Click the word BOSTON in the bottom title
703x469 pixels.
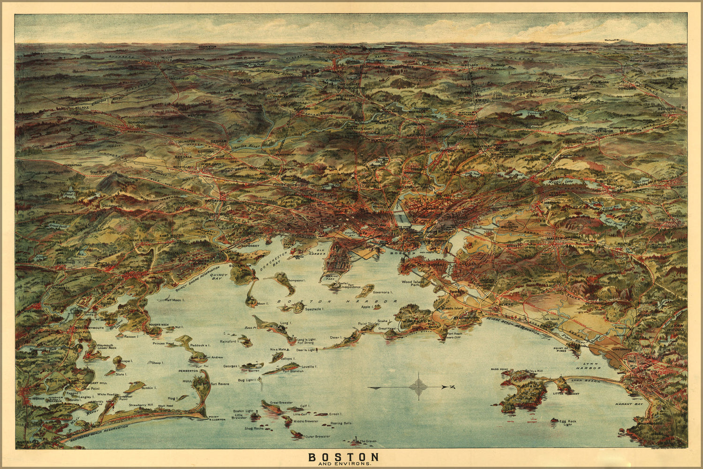point(343,456)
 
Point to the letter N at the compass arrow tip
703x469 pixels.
point(451,387)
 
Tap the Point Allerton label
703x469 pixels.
point(217,418)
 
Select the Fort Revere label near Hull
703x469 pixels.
point(219,384)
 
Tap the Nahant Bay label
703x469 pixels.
point(629,403)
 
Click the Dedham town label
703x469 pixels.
point(219,141)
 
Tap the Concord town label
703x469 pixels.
point(626,87)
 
